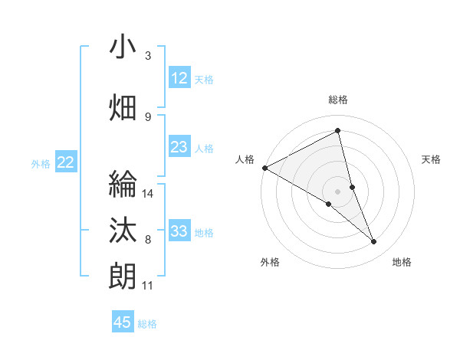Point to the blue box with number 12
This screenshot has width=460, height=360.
point(179,78)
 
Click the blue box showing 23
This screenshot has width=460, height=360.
point(179,147)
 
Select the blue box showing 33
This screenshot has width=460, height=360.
point(179,231)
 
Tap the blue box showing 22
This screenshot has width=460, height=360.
point(66,162)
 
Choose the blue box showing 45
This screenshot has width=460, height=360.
point(123,322)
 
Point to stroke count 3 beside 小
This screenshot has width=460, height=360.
point(148,56)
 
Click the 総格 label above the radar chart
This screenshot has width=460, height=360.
point(338,100)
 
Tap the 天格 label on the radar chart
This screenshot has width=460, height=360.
point(432,159)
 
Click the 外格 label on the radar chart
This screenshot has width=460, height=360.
point(270,262)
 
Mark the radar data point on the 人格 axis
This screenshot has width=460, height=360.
point(264,167)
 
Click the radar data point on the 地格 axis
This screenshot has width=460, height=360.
point(374,242)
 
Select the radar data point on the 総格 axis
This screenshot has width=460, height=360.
point(338,131)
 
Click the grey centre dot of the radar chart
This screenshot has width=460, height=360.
point(338,191)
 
